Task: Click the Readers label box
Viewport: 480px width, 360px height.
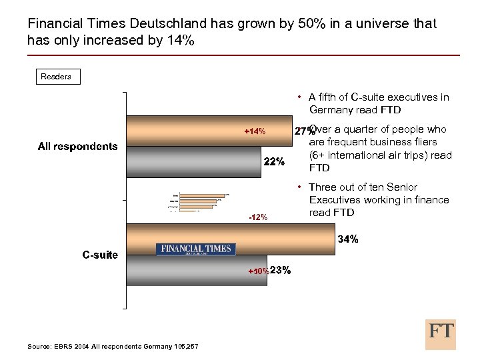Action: (x=56, y=77)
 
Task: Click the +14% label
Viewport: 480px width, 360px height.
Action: (x=255, y=131)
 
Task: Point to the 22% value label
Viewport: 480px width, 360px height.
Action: (x=274, y=162)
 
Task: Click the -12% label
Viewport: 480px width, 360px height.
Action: (x=258, y=217)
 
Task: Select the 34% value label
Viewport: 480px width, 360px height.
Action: (x=349, y=239)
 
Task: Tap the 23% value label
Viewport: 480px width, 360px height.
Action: (x=281, y=271)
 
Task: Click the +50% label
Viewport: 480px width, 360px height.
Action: (x=259, y=271)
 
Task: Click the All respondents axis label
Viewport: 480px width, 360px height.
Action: (x=77, y=147)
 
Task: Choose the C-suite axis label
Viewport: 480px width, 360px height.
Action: (x=100, y=255)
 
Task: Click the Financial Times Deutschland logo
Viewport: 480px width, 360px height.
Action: (x=196, y=249)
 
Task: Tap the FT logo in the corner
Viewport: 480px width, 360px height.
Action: (x=441, y=333)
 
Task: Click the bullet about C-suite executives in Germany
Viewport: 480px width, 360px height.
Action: (x=377, y=103)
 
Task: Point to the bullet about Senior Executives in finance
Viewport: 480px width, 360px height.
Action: (x=377, y=200)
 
